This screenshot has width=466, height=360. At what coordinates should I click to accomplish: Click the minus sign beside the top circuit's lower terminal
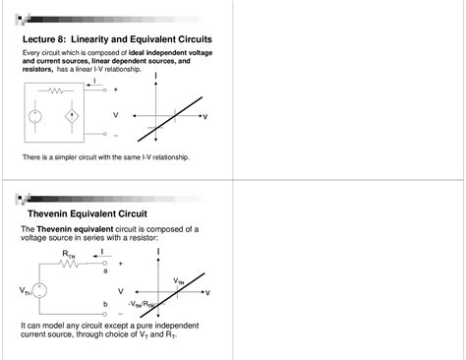[x=116, y=135]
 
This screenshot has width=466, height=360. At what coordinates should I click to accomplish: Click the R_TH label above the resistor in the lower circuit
[x=68, y=254]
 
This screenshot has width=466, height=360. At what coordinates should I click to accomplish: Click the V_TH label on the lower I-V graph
[x=178, y=281]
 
